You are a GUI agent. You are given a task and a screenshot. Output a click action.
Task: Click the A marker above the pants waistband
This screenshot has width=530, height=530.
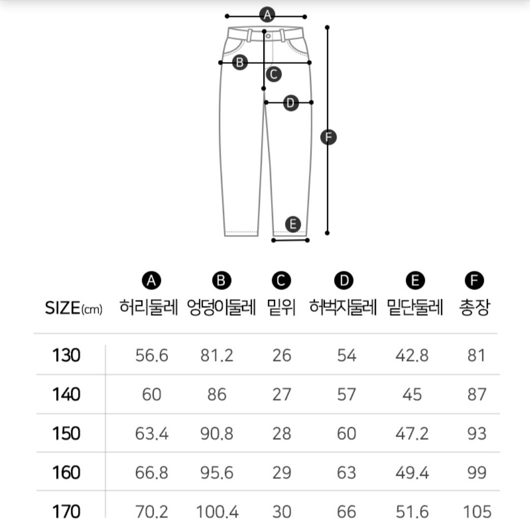pyautogui.click(x=267, y=15)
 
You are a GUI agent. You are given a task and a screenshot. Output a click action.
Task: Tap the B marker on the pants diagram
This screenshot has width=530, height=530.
pyautogui.click(x=240, y=62)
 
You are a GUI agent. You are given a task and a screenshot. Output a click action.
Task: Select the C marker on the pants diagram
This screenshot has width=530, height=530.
pyautogui.click(x=274, y=74)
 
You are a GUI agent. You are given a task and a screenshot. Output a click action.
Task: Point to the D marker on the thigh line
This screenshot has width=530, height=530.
pyautogui.click(x=291, y=103)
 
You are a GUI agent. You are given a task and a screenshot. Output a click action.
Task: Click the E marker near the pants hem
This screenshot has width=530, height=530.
pyautogui.click(x=293, y=224)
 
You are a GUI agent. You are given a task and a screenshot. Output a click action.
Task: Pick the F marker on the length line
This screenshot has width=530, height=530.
pyautogui.click(x=329, y=137)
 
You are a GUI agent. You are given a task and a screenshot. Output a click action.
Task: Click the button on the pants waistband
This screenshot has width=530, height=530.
pyautogui.click(x=268, y=36)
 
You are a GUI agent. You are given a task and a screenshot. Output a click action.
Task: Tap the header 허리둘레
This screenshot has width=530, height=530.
pyautogui.click(x=148, y=307)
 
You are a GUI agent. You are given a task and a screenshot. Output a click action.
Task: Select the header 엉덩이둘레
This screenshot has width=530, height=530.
pyautogui.click(x=222, y=307)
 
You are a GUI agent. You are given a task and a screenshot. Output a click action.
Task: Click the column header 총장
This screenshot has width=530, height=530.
pyautogui.click(x=474, y=307)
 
